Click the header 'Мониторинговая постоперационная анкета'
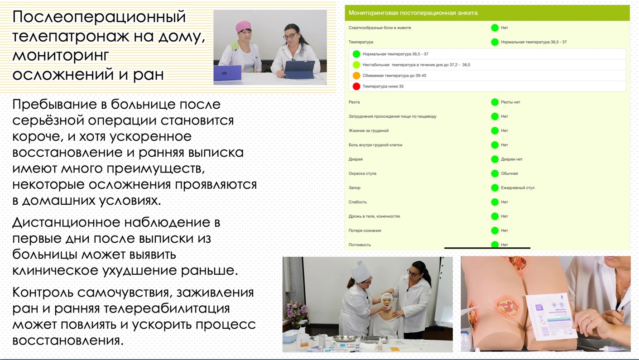[x=413, y=13]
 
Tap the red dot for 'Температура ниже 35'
[x=356, y=86]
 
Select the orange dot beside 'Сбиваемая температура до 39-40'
[x=356, y=76]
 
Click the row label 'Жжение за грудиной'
[x=368, y=131]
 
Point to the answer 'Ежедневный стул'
[x=518, y=188]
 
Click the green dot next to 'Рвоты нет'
[x=495, y=102]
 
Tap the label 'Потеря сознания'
[x=365, y=230]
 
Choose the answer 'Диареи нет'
[x=511, y=159]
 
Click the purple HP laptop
[x=227, y=73]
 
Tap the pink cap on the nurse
[x=244, y=26]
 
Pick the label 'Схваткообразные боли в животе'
[x=380, y=28]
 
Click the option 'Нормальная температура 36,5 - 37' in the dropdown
[x=395, y=54]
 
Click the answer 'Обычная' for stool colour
[x=509, y=173]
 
